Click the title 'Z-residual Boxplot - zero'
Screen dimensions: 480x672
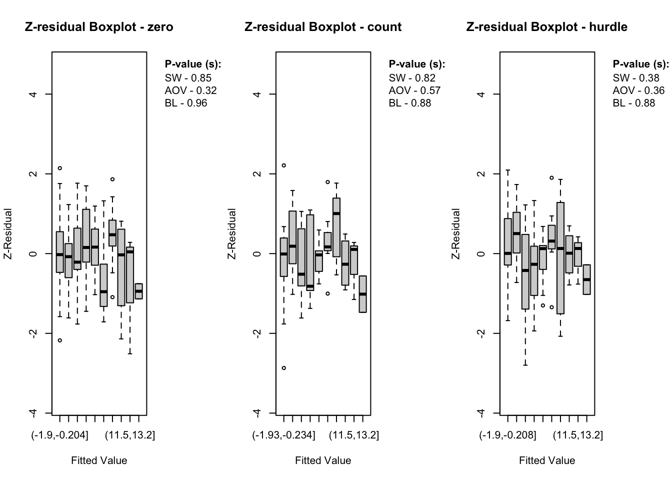99,27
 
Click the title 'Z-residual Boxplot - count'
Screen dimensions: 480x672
323,27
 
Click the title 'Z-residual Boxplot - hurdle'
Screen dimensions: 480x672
546,27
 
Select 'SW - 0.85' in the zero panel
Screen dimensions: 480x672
188,78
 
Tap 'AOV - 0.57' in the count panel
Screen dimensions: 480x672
414,90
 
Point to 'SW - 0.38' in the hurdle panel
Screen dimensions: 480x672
636,78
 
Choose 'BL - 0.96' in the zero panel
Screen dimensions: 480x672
185,103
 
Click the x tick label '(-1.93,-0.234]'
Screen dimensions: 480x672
283,435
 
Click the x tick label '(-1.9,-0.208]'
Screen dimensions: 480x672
507,435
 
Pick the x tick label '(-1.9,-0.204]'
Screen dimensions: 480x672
60,435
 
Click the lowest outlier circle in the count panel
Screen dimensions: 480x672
284,368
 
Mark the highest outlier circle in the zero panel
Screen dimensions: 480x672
60,168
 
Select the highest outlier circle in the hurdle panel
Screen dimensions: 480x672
551,177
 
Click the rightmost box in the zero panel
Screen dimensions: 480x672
138,291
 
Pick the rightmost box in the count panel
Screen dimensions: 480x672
362,294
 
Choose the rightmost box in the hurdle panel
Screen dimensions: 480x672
586,279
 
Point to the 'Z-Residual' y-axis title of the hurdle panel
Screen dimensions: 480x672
455,233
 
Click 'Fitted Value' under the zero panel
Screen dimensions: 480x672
99,460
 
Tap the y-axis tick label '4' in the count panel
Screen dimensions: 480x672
257,94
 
